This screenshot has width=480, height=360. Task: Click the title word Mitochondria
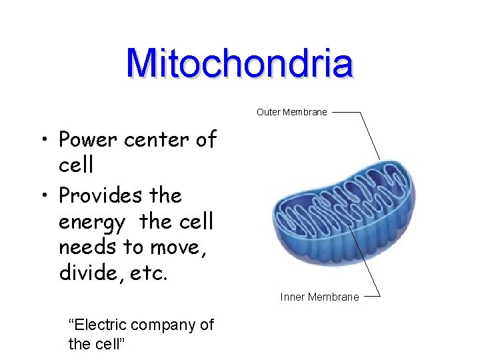point(239,64)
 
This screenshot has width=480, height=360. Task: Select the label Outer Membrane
point(291,112)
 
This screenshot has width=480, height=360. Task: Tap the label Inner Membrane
point(319,297)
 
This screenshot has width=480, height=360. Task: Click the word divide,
point(88,272)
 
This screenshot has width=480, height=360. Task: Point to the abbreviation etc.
point(144,273)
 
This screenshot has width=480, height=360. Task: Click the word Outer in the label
point(269,112)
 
